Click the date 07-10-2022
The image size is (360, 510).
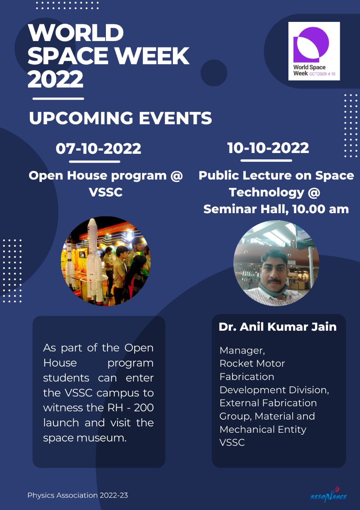(98, 149)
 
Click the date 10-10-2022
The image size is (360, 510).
(268, 148)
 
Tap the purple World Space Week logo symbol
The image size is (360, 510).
(311, 45)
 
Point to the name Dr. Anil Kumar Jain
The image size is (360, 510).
(278, 327)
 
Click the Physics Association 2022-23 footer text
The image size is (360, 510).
(78, 495)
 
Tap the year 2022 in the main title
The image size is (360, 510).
(55, 79)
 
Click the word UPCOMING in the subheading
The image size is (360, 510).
(81, 118)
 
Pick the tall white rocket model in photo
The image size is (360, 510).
(94, 259)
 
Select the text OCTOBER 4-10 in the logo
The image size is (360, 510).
(322, 74)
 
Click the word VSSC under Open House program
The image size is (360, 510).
(106, 192)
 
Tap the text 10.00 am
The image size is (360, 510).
(321, 209)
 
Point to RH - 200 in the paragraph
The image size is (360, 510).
(130, 408)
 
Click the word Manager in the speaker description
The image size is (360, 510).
(242, 351)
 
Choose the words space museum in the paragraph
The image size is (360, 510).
(84, 438)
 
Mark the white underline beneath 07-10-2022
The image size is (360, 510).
(94, 162)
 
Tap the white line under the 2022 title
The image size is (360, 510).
(58, 98)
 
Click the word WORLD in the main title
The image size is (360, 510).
(76, 33)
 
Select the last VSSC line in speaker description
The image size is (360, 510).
(232, 442)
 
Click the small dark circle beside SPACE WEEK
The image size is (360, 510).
(214, 73)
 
